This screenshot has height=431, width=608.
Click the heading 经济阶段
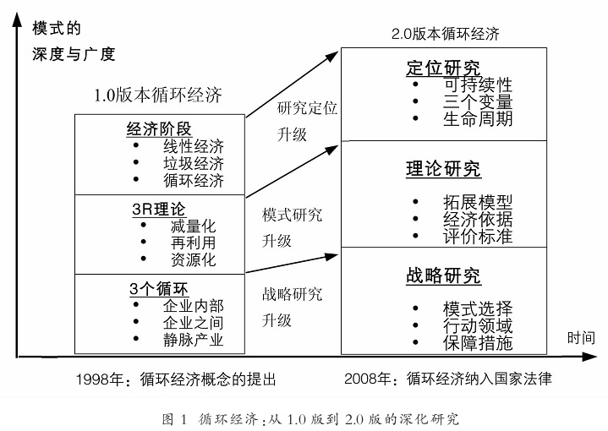[159, 129]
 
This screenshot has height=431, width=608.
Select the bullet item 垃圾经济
[194, 164]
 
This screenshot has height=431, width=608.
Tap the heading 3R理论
[159, 210]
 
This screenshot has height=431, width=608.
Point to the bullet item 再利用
[193, 243]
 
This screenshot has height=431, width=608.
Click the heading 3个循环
[159, 289]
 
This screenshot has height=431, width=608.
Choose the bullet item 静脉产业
[194, 340]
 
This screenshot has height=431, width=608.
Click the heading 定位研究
[444, 68]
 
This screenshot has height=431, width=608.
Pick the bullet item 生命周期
[478, 118]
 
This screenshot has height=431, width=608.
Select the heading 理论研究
[444, 169]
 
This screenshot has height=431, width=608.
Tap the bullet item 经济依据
[478, 220]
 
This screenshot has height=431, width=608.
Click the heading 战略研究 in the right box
[444, 276]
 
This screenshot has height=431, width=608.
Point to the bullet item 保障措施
[478, 343]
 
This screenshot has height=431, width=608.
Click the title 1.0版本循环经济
[158, 95]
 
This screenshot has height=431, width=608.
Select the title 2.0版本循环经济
[445, 34]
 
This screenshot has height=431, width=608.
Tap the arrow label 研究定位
[307, 108]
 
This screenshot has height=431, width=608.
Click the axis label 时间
[581, 338]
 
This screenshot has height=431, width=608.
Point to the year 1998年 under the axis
[100, 379]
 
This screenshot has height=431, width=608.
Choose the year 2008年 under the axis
[368, 379]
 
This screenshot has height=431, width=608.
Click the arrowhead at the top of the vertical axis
[17, 19]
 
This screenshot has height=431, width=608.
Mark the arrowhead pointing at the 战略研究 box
[331, 256]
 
